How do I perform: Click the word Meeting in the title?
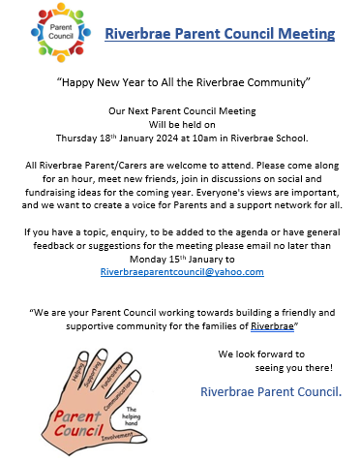[x=301, y=34]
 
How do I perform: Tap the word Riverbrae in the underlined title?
[x=137, y=34]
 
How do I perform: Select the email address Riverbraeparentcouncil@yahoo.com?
[x=182, y=272]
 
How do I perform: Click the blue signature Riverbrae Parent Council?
[x=271, y=392]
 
